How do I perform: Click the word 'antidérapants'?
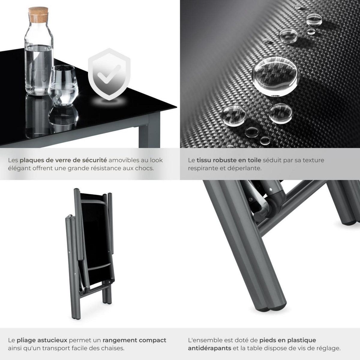click(x=209, y=348)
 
